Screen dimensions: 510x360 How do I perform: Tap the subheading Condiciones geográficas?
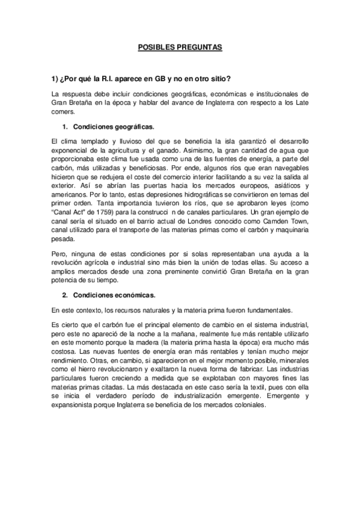[x=114, y=127]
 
